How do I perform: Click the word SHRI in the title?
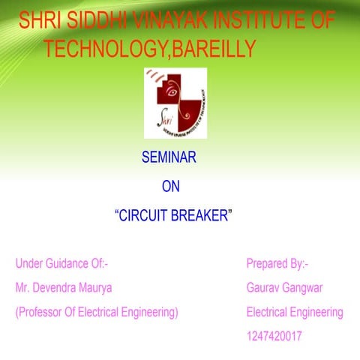[x=35, y=21]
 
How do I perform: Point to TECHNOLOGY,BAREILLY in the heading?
[x=151, y=49]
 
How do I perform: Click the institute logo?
[x=175, y=102]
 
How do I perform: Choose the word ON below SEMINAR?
[x=171, y=187]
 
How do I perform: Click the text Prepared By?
[x=277, y=263]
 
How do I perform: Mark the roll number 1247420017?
[x=274, y=337]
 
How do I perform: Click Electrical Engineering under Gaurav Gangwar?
[x=294, y=312]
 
